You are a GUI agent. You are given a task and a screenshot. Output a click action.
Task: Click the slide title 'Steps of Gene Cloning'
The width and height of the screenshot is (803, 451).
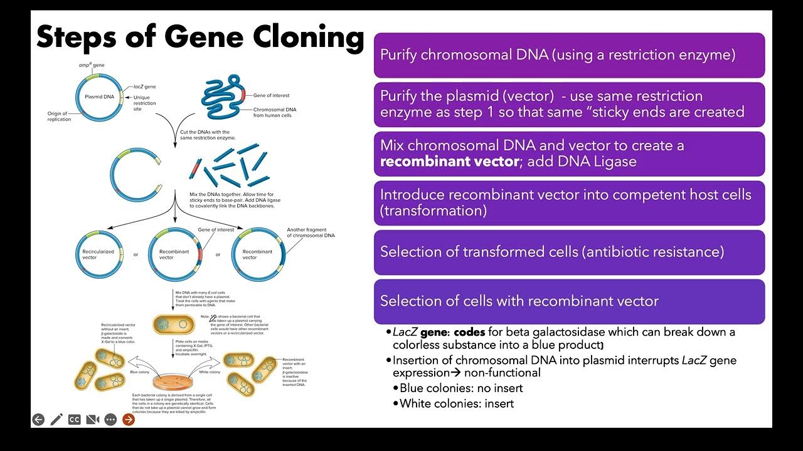(x=199, y=38)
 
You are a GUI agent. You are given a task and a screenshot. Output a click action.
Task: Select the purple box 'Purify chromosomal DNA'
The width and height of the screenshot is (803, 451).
(x=569, y=55)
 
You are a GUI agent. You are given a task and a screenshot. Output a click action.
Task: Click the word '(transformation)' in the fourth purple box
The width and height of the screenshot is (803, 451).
(x=433, y=210)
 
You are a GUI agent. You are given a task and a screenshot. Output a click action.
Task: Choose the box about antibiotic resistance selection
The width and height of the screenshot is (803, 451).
(x=569, y=252)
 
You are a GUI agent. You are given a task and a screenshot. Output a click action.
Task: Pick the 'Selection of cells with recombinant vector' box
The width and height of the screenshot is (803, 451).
(x=569, y=301)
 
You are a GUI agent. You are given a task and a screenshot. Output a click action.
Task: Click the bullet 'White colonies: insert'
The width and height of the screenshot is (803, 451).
(x=457, y=403)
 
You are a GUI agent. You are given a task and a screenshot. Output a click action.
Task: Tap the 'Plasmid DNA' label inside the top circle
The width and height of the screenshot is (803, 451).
(x=100, y=97)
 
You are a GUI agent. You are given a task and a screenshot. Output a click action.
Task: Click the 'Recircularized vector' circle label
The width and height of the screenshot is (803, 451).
(x=98, y=254)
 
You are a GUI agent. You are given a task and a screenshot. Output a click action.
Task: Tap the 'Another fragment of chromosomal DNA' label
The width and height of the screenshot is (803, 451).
(x=311, y=232)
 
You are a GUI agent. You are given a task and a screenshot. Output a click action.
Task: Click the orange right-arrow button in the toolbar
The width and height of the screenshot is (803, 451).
(x=129, y=420)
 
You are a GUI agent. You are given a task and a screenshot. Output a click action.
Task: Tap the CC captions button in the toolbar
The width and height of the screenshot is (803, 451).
(x=75, y=420)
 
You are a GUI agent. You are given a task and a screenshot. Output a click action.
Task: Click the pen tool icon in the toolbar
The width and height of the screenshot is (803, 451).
(x=56, y=420)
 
